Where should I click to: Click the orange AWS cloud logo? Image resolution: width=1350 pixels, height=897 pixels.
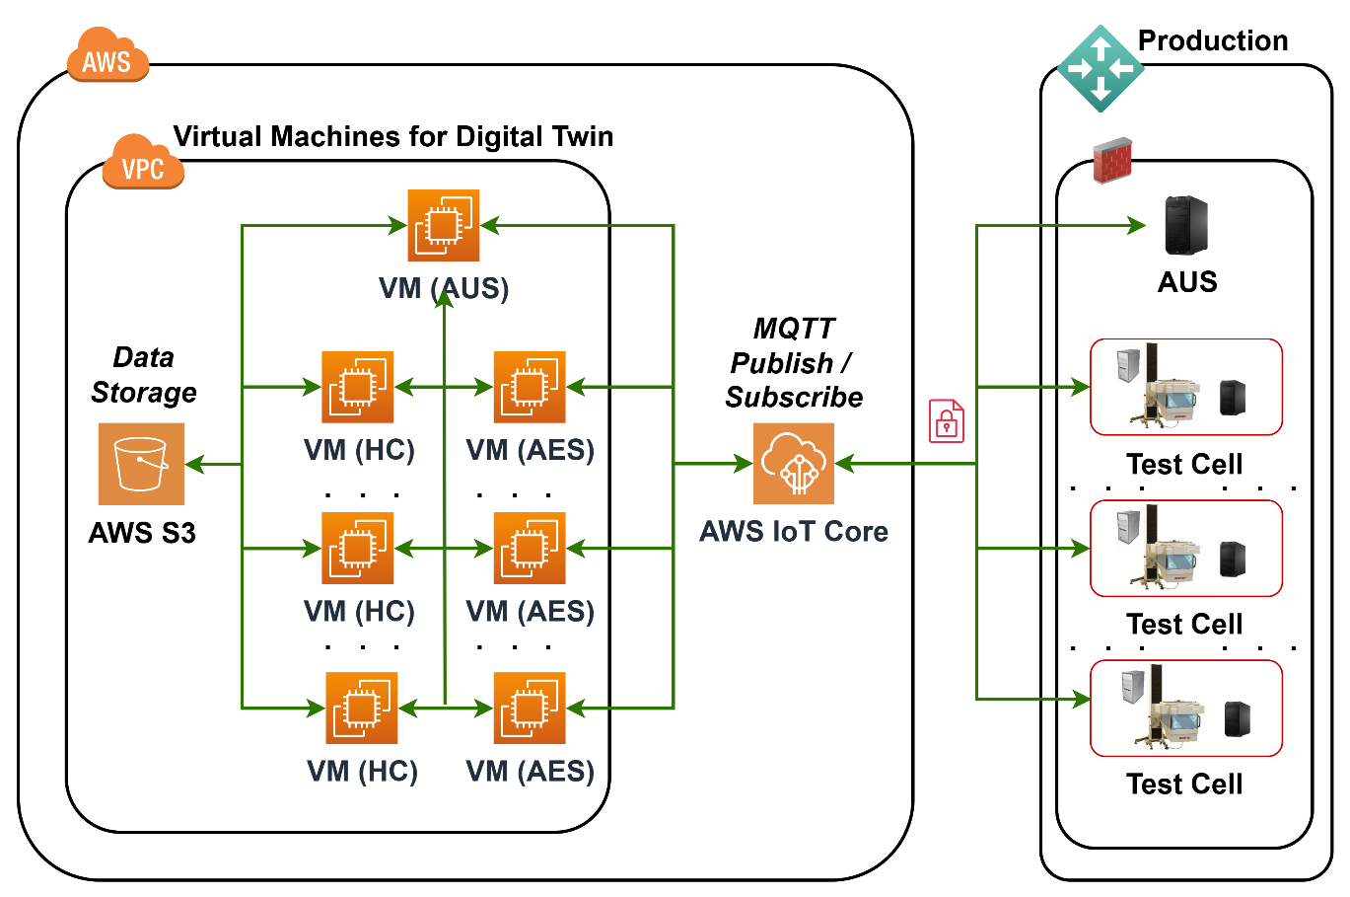click(x=107, y=57)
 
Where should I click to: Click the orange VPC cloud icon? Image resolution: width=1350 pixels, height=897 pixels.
click(x=143, y=164)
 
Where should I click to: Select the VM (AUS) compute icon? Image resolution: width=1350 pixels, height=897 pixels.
click(x=444, y=225)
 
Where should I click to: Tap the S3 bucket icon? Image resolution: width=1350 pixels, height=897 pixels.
click(x=141, y=464)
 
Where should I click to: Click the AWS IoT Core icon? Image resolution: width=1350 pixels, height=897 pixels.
click(x=794, y=463)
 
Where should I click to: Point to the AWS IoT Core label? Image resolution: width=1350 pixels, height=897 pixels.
click(x=794, y=532)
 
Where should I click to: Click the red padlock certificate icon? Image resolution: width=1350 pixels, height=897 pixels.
click(x=947, y=420)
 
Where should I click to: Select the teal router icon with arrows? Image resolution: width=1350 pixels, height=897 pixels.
click(x=1101, y=68)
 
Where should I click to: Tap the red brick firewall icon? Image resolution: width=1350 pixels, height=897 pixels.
click(x=1112, y=161)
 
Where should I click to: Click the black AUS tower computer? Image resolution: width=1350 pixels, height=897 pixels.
click(x=1186, y=225)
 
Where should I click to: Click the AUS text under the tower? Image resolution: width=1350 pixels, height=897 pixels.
click(x=1187, y=282)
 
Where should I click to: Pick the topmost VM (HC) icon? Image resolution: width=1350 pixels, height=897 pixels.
click(x=358, y=387)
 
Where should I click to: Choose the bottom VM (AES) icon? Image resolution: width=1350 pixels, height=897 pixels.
click(x=530, y=709)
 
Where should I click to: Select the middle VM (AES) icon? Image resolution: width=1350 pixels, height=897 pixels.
click(x=530, y=549)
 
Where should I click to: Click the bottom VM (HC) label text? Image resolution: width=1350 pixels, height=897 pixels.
click(x=362, y=771)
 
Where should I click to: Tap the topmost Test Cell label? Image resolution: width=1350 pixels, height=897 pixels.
click(x=1184, y=464)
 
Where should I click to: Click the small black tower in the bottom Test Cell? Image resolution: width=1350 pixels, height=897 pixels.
click(x=1238, y=718)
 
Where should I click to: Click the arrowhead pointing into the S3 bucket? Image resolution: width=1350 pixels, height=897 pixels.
click(x=194, y=464)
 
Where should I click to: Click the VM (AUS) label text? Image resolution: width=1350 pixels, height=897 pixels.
click(x=444, y=288)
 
